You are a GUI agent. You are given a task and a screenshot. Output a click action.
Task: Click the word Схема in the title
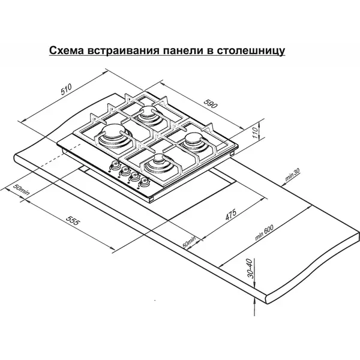[67, 50]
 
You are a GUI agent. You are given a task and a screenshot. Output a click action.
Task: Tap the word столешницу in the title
[251, 51]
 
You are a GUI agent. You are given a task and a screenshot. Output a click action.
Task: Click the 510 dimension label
[67, 89]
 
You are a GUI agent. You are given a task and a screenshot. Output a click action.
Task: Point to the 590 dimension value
[211, 104]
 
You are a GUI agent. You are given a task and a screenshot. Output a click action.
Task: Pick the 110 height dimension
[255, 133]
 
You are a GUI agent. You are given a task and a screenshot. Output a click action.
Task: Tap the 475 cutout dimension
[230, 214]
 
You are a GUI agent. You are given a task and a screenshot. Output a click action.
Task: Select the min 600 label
[264, 233]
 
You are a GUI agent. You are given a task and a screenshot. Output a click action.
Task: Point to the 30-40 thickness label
[251, 268]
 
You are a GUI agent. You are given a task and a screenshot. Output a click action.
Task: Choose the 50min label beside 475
[189, 242]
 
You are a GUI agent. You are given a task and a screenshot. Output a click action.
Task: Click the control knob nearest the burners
[145, 182]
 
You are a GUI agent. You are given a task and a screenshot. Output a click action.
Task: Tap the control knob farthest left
[115, 164]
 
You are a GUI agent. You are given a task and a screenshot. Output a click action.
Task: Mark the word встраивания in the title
[124, 50]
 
